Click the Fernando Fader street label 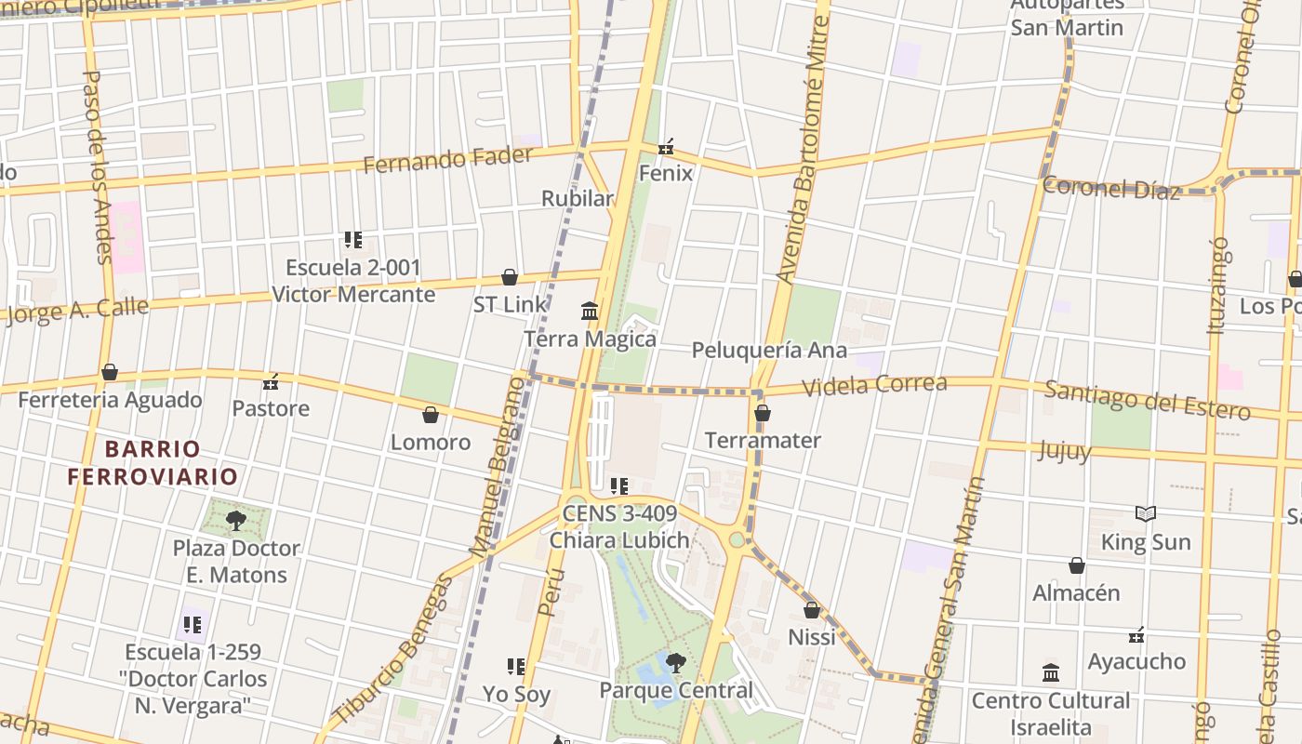(448, 159)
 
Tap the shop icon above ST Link (509, 277)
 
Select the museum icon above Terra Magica (590, 311)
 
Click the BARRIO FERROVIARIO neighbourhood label (153, 463)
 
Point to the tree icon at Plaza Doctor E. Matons (236, 520)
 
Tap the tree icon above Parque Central (676, 663)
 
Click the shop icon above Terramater (763, 413)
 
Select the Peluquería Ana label (769, 351)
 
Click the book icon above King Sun (1146, 513)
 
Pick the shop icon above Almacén (1076, 565)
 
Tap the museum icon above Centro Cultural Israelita (1051, 672)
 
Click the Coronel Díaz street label (1110, 188)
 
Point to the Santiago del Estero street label (1147, 400)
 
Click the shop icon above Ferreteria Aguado (110, 373)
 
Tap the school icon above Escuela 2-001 (352, 240)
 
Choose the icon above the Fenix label (666, 147)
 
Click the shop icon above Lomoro (430, 415)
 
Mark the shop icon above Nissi (812, 610)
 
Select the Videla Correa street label (874, 385)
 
